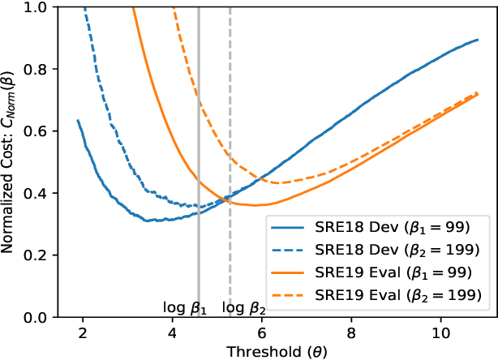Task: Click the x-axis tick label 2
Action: pyautogui.click(x=83, y=332)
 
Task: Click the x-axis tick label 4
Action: pyautogui.click(x=172, y=332)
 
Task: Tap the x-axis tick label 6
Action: pyautogui.click(x=261, y=332)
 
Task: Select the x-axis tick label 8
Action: pyautogui.click(x=351, y=332)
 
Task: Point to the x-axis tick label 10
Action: pyautogui.click(x=440, y=332)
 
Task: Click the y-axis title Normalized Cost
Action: pyautogui.click(x=12, y=162)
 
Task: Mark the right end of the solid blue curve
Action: pyautogui.click(x=478, y=39)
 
